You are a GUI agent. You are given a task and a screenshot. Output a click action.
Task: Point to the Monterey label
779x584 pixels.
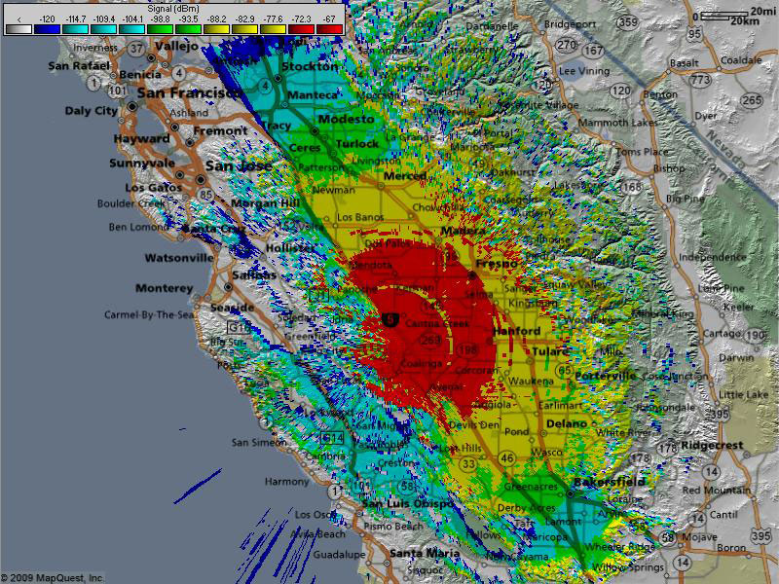pyautogui.click(x=164, y=288)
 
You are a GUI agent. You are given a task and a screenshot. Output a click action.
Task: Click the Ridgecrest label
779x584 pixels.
pyautogui.click(x=711, y=446)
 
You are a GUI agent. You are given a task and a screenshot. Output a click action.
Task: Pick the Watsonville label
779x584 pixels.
pyautogui.click(x=178, y=258)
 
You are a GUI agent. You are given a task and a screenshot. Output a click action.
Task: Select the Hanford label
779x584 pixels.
pyautogui.click(x=516, y=331)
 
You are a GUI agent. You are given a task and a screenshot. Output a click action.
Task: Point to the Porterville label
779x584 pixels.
pyautogui.click(x=605, y=375)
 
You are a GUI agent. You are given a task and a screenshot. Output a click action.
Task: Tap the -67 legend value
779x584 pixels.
pyautogui.click(x=329, y=18)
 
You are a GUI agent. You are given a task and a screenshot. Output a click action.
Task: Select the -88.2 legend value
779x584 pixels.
pyautogui.click(x=217, y=18)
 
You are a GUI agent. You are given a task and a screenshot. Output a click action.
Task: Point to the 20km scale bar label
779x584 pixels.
pyautogui.click(x=744, y=20)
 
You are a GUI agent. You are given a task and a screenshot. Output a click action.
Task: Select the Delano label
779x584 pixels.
pyautogui.click(x=566, y=423)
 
